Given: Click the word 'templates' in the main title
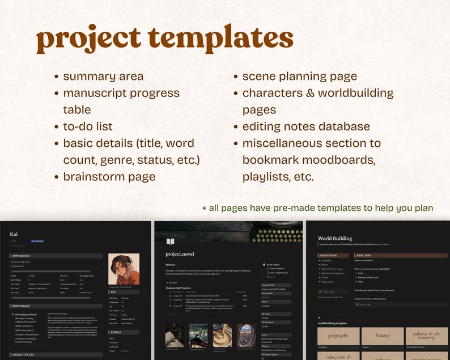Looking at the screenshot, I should pyautogui.click(x=223, y=39).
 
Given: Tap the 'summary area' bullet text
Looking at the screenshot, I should pyautogui.click(x=103, y=77).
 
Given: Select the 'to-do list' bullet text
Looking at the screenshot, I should pyautogui.click(x=88, y=126).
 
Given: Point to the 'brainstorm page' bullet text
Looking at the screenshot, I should pyautogui.click(x=109, y=176).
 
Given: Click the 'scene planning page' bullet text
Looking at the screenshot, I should pyautogui.click(x=300, y=77).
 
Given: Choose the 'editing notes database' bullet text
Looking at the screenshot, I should pyautogui.click(x=306, y=126).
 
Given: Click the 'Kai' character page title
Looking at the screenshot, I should pyautogui.click(x=14, y=234).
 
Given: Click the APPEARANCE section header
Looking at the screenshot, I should pyautogui.click(x=23, y=256).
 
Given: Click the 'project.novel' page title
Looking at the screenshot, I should pyautogui.click(x=180, y=254).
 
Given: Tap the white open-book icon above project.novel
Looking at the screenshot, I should pyautogui.click(x=170, y=242).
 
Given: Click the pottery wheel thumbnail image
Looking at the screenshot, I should pyautogui.click(x=222, y=335).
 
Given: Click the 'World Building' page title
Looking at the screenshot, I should pyautogui.click(x=336, y=239).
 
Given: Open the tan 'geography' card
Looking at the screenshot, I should pyautogui.click(x=338, y=336).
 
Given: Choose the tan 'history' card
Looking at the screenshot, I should pyautogui.click(x=383, y=336).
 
